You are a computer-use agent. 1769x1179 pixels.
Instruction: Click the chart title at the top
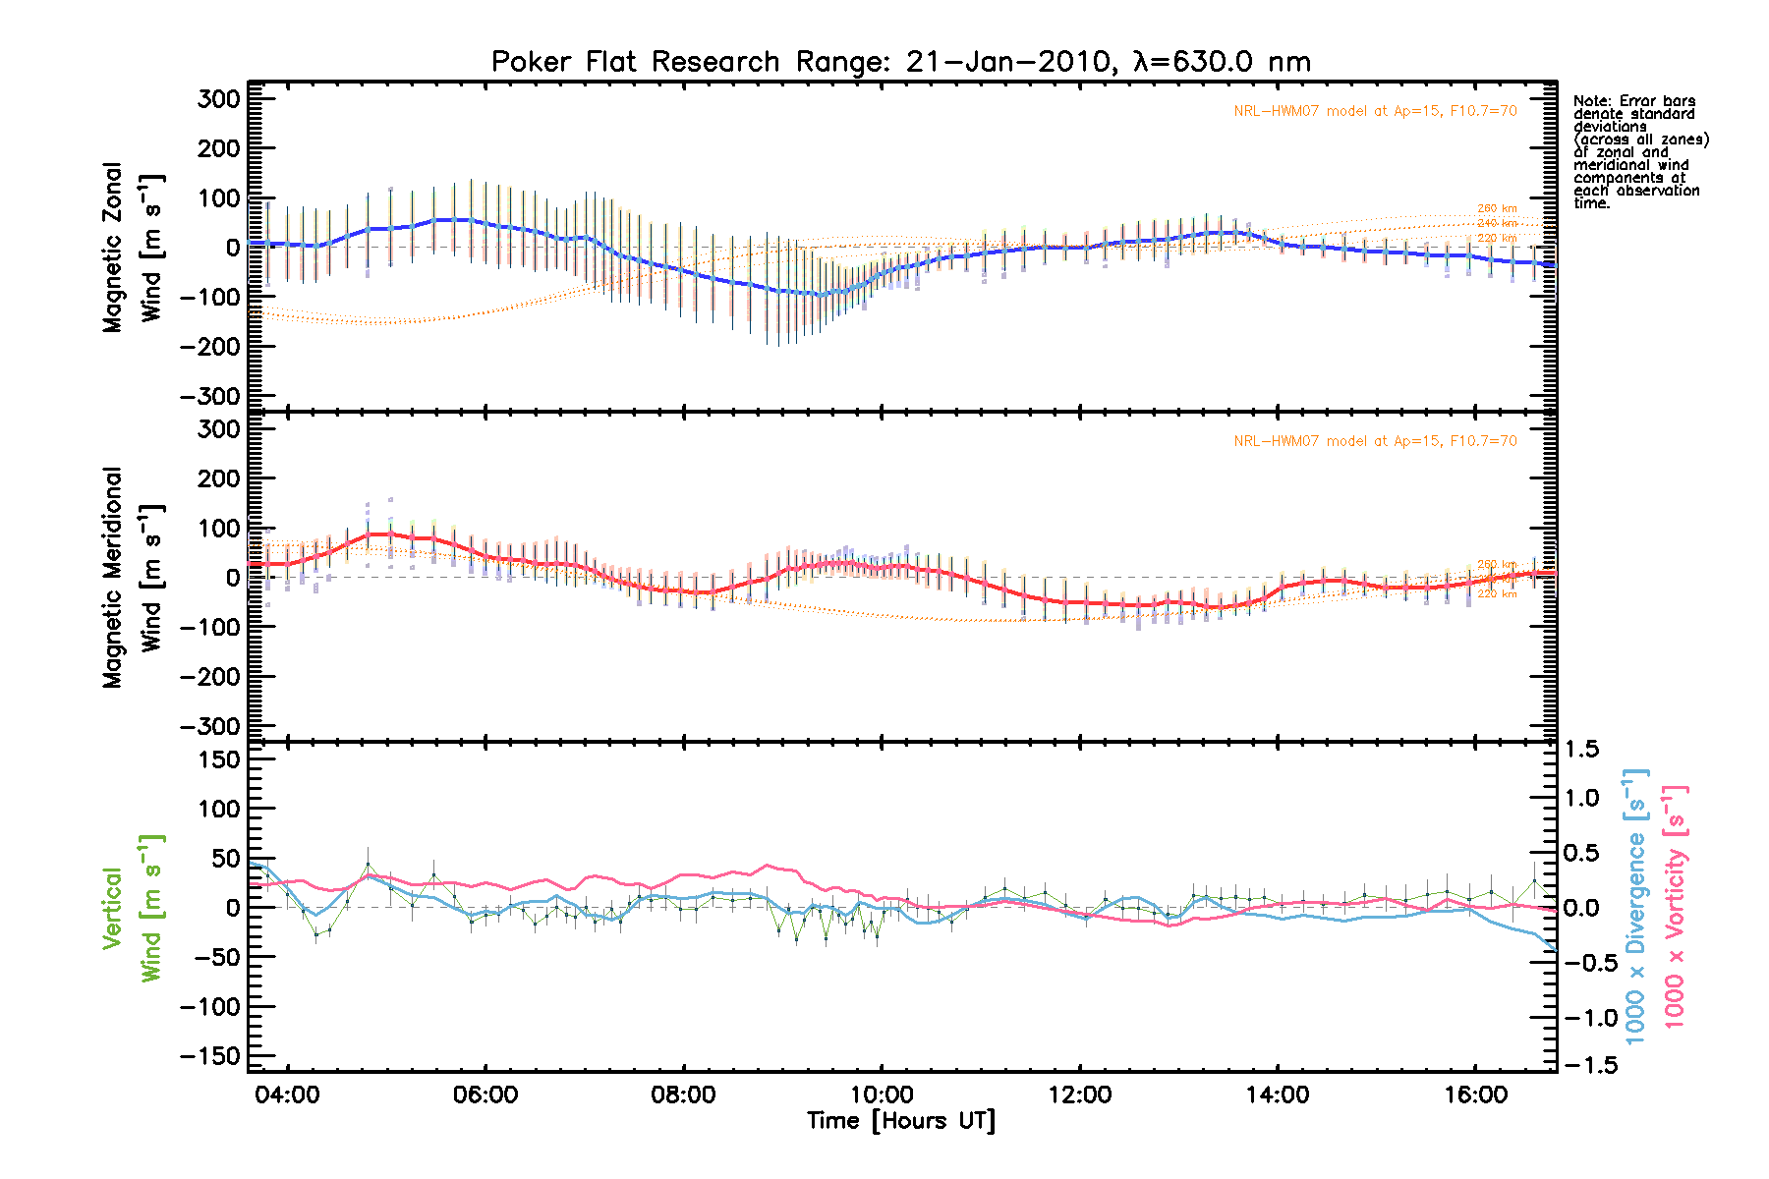[x=900, y=62]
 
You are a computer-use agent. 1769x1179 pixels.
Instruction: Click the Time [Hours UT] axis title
[x=900, y=1121]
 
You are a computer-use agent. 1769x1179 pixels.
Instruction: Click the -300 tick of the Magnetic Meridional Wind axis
[x=210, y=726]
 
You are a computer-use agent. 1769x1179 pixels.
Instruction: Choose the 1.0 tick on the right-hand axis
[x=1582, y=798]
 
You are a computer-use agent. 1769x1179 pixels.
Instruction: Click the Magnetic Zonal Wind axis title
[x=132, y=248]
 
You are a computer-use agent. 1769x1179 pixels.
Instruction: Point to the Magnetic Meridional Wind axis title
[x=132, y=578]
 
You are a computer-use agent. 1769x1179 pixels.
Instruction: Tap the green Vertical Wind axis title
[x=132, y=909]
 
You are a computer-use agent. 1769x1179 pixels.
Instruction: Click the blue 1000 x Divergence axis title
[x=1636, y=906]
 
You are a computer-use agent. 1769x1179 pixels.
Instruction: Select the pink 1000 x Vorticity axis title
[x=1675, y=906]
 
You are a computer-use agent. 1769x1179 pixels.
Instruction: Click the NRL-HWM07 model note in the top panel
[x=1375, y=111]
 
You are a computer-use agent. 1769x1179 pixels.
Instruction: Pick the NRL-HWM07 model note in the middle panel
[x=1375, y=441]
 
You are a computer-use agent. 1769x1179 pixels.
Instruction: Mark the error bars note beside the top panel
[x=1640, y=152]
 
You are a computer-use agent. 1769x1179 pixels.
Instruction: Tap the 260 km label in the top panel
[x=1497, y=208]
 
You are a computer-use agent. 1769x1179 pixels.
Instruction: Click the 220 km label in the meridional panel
[x=1497, y=593]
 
